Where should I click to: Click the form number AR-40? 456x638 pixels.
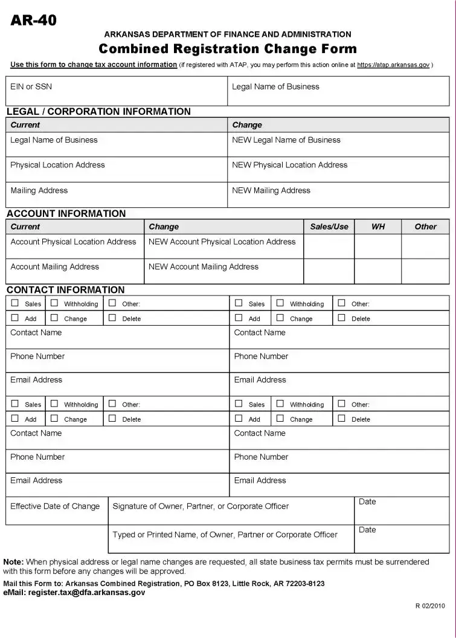coord(34,21)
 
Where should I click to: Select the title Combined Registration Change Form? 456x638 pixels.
coord(228,49)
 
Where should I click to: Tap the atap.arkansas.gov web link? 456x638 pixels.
coord(393,65)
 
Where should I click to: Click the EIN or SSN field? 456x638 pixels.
coord(117,91)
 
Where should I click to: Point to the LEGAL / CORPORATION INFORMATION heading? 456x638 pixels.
coord(98,112)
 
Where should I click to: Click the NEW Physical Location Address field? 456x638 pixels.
coord(338,170)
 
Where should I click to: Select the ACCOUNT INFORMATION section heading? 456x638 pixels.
coord(66,213)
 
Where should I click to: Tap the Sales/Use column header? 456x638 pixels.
coord(329,227)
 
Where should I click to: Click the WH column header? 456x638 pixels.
coord(378,227)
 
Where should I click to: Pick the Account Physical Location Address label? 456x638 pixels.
coord(74,242)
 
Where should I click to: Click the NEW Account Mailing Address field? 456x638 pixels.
coord(223,271)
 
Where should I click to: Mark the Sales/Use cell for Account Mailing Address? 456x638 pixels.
coord(329,271)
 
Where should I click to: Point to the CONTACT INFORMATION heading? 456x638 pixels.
coord(66,290)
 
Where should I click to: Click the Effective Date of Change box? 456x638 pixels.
coord(57,511)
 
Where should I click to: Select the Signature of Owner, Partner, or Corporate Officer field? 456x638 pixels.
coord(231,511)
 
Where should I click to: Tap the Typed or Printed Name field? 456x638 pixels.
coord(231,539)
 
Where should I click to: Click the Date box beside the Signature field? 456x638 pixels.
coord(402,511)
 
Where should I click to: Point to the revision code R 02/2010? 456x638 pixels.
coord(429,605)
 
